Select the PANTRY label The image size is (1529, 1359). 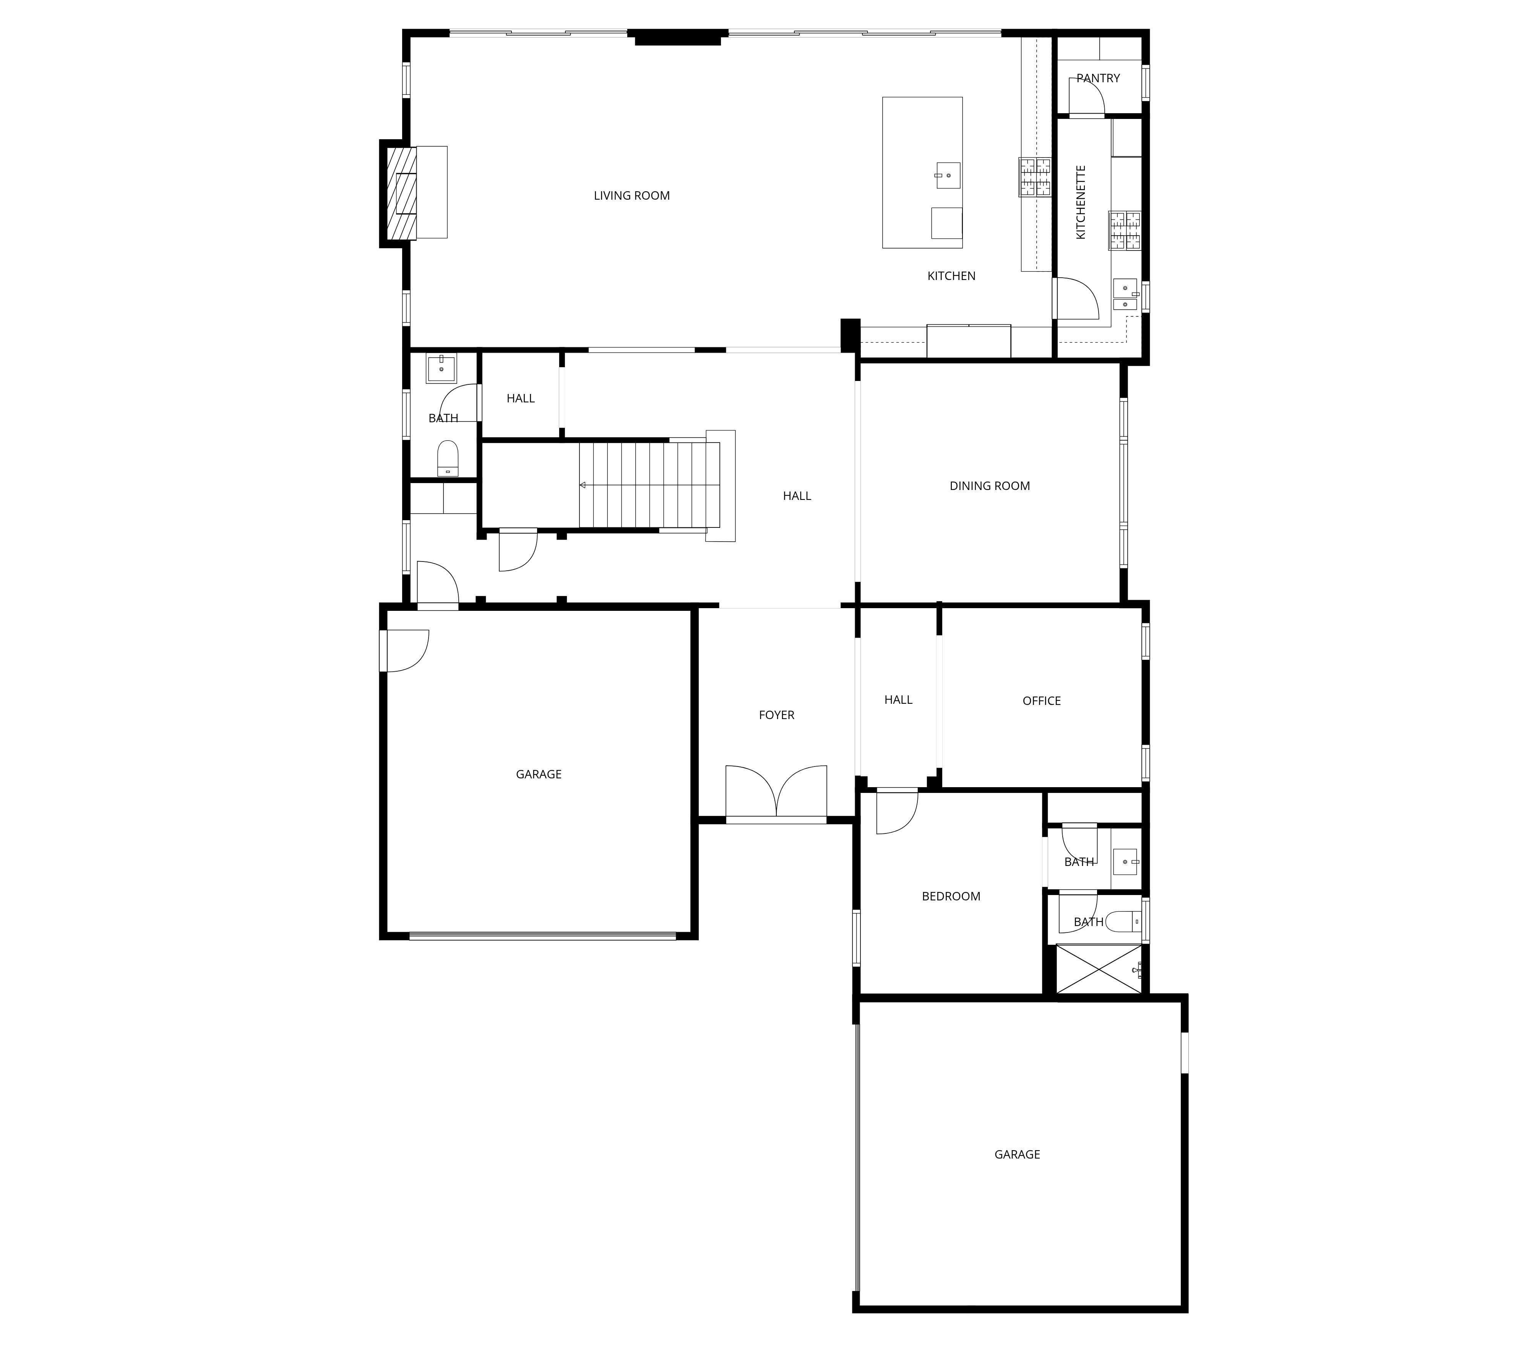tap(1098, 78)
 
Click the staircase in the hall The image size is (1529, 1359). tap(649, 485)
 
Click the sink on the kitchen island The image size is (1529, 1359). tap(948, 175)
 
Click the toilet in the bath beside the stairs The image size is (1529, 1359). tap(447, 458)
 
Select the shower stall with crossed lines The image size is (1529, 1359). tap(1098, 969)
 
